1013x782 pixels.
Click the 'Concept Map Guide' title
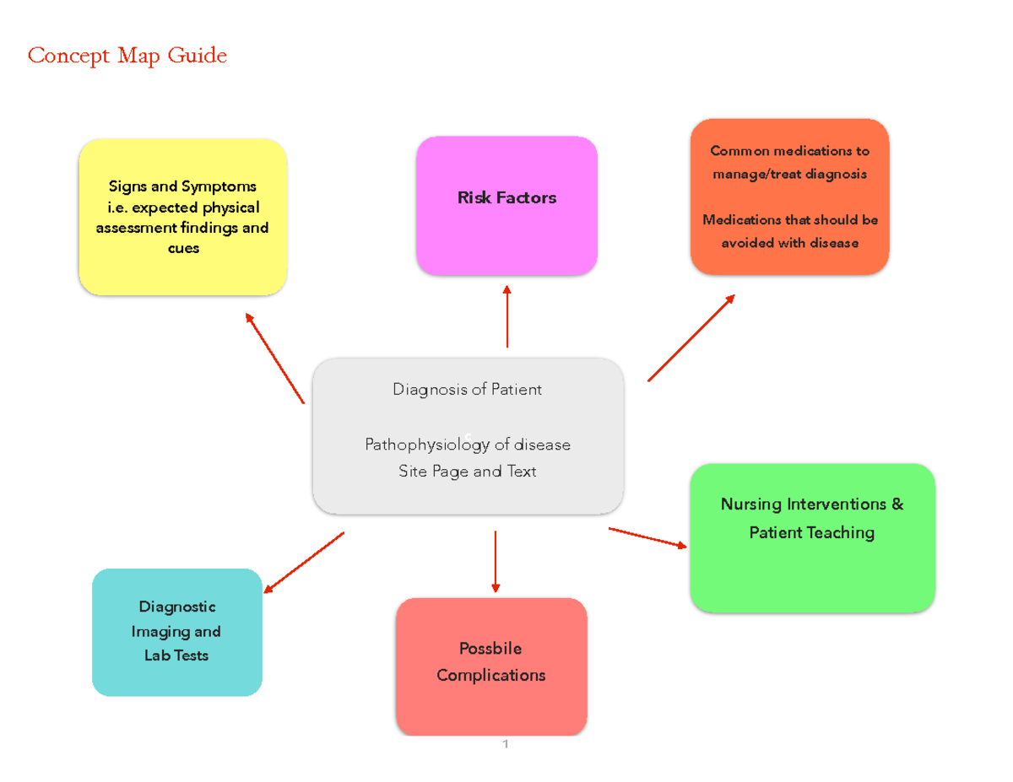[x=127, y=56]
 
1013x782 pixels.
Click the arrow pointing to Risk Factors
[x=506, y=316]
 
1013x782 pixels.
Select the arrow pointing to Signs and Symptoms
[x=274, y=358]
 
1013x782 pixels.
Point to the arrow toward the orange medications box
[x=691, y=337]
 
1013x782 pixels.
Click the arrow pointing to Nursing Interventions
[x=647, y=537]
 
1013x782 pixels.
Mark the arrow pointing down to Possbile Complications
[x=496, y=561]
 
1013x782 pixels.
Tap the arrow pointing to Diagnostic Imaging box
[x=304, y=563]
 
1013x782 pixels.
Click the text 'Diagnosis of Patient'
[x=467, y=389]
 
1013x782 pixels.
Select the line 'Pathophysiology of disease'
[x=467, y=445]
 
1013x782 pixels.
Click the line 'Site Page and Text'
[x=467, y=472]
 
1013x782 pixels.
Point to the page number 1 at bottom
[x=505, y=744]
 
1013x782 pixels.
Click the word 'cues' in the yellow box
[x=183, y=248]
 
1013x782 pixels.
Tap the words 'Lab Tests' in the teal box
[x=176, y=655]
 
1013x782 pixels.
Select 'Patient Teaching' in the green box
[x=811, y=532]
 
